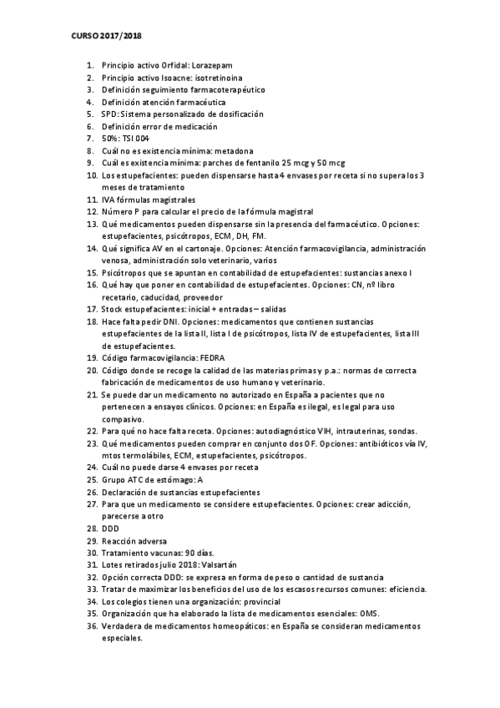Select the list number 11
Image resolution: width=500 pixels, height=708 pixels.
(92, 200)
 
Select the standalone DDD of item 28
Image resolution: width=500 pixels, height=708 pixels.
(110, 528)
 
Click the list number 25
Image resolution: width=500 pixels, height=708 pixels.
(92, 480)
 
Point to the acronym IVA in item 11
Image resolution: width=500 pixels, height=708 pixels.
(109, 200)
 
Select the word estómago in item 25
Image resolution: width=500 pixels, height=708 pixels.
(168, 480)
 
